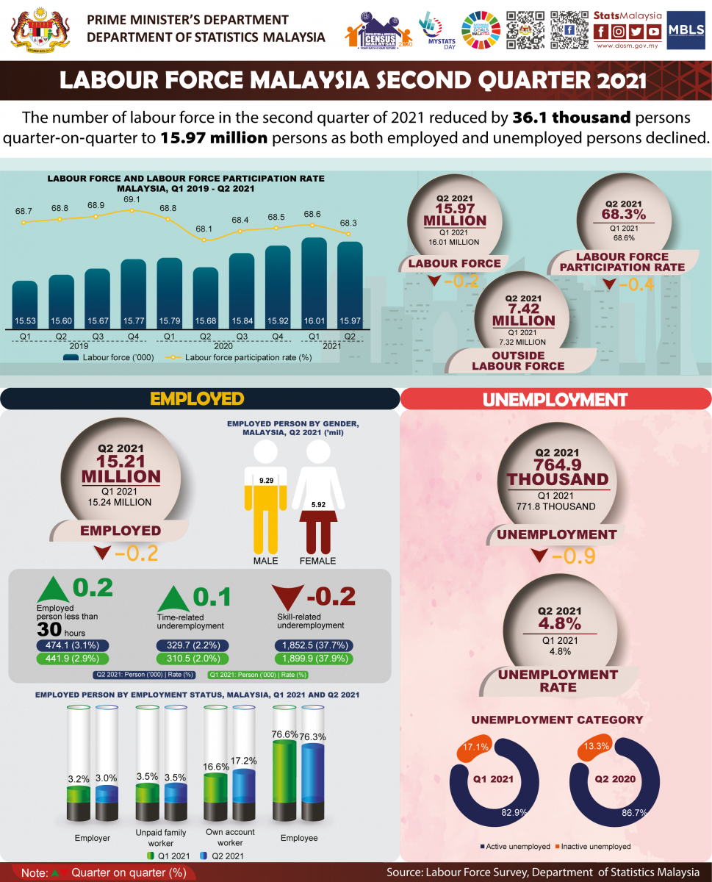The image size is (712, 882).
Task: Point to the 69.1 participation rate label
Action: pos(132,199)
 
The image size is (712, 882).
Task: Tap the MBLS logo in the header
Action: pos(686,31)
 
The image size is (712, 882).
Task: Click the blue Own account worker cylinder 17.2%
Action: pos(244,793)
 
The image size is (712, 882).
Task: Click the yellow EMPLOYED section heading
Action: pos(197,398)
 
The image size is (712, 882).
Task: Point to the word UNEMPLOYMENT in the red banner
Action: pos(555,400)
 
